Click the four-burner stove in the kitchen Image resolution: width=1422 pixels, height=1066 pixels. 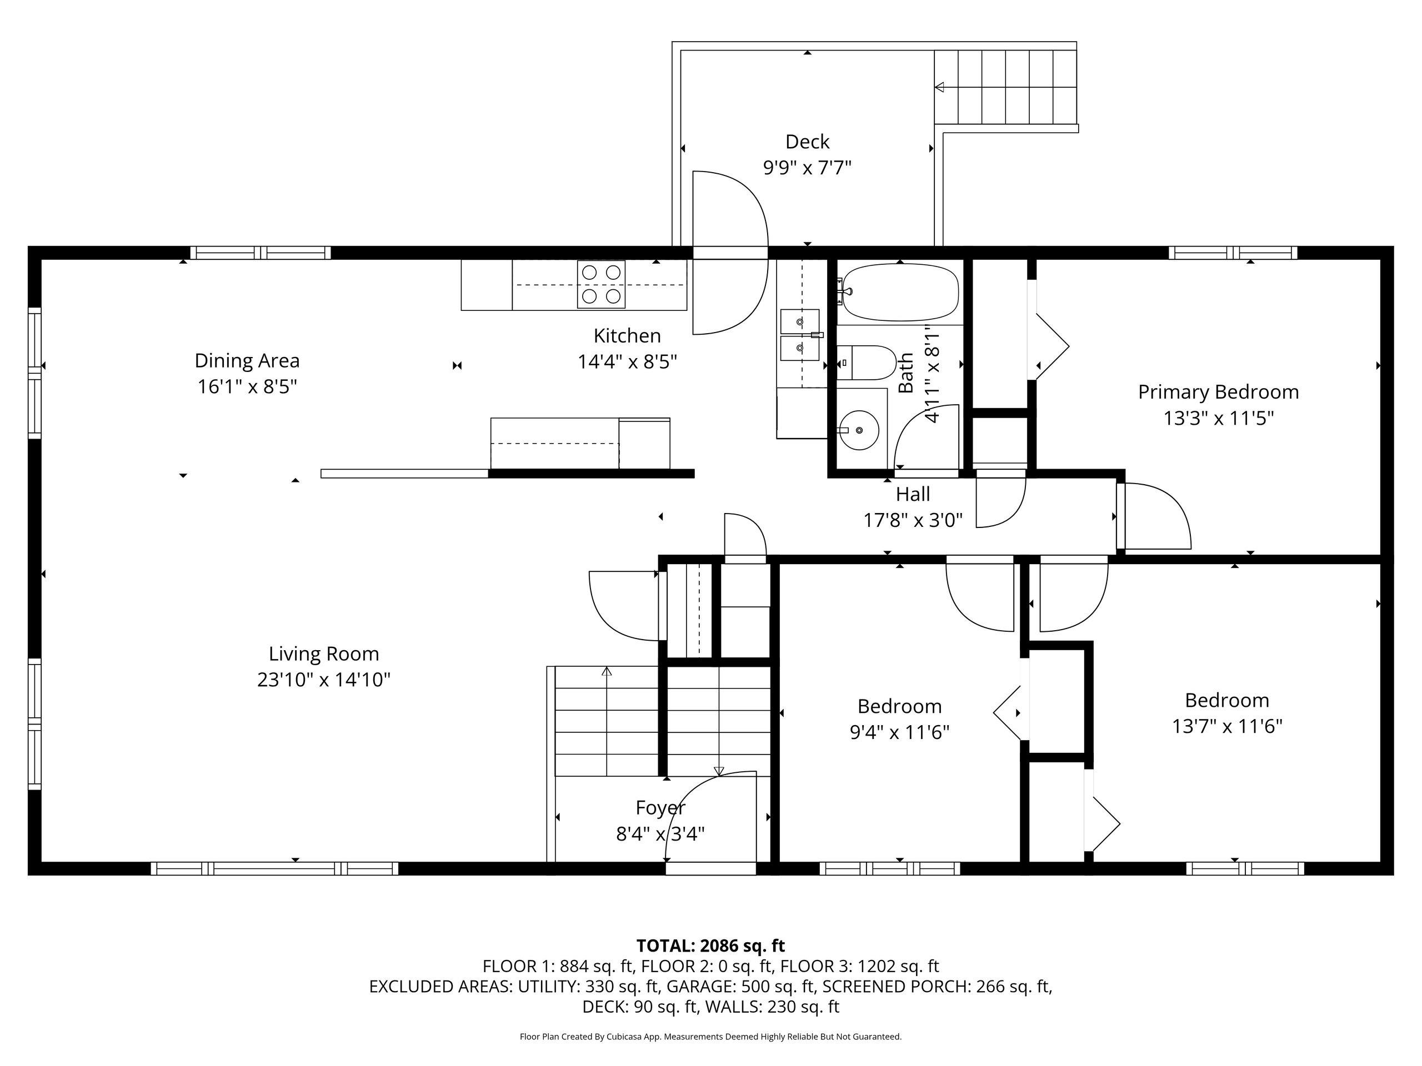tap(601, 284)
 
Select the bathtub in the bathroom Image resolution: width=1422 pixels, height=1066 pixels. tap(900, 293)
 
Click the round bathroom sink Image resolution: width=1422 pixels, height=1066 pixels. tap(860, 430)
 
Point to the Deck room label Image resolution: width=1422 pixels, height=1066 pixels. tap(808, 142)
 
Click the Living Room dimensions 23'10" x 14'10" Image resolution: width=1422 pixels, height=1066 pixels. tap(324, 680)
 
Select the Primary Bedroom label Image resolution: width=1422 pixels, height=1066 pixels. tap(1218, 392)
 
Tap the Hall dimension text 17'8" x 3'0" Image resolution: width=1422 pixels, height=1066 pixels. tap(913, 520)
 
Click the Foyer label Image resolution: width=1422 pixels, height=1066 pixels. tap(660, 808)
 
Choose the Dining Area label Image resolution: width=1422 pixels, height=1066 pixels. tap(247, 360)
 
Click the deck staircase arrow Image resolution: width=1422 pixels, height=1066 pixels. tap(940, 87)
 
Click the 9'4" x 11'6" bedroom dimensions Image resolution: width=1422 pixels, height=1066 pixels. tap(899, 732)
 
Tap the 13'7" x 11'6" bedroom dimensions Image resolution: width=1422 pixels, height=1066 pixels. tap(1227, 726)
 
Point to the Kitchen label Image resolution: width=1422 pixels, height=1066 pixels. tap(627, 335)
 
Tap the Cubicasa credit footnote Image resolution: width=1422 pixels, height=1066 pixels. tap(710, 1037)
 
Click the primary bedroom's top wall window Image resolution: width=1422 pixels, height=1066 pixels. tap(1233, 253)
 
